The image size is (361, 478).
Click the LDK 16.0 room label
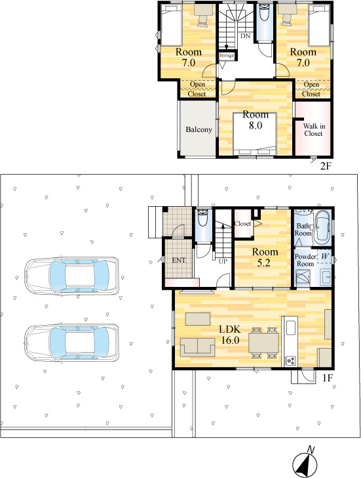pos(230,334)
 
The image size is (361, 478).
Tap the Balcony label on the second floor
pos(199,129)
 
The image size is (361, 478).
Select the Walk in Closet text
pos(314,130)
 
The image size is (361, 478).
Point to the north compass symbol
pos(305,463)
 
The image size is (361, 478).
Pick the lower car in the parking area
pos(71,343)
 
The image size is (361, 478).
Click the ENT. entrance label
pos(179,260)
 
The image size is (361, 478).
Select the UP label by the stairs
pos(223,261)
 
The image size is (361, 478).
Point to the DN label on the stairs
pos(245,36)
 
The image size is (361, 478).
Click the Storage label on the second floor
pos(227,55)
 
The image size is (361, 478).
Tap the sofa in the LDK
pos(197,347)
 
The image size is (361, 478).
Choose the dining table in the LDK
pos(263,342)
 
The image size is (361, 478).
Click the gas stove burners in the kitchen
pos(290,361)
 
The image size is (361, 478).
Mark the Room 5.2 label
pos(265,257)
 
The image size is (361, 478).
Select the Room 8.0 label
pos(256,119)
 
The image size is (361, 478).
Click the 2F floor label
pos(325,166)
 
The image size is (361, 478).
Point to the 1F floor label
pos(328,378)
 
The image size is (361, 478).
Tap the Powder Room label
pos(305,260)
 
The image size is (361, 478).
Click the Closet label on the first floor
pos(242,223)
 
